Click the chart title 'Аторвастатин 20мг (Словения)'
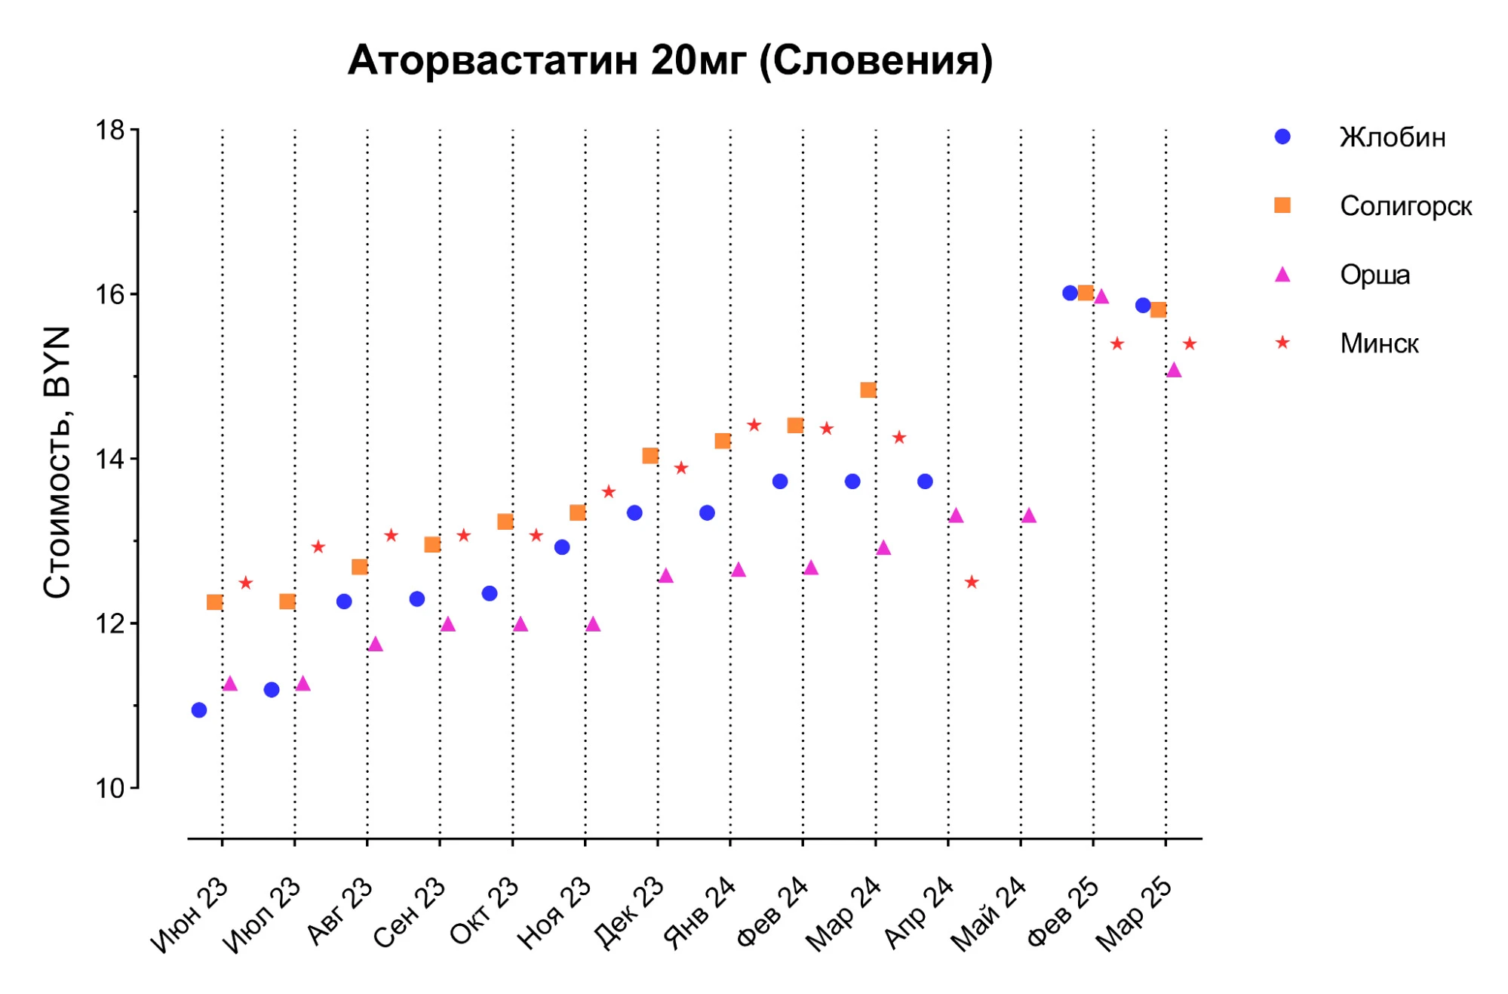coord(670,60)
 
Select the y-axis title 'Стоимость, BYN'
coord(57,462)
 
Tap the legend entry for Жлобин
coord(1392,137)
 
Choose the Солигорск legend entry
coord(1405,206)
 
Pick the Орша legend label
coord(1374,275)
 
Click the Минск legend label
coord(1378,343)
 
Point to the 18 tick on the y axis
coord(110,131)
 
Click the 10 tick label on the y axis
coord(110,788)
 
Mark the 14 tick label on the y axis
coord(110,459)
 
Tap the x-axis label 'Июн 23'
coord(190,915)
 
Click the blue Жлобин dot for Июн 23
coord(199,709)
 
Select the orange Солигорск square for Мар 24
coord(868,390)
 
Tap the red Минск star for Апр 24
coord(972,582)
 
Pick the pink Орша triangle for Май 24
coord(1029,515)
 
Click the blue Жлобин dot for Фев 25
coord(1070,293)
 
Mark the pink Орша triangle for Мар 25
coord(1174,370)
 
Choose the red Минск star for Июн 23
coord(246,583)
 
